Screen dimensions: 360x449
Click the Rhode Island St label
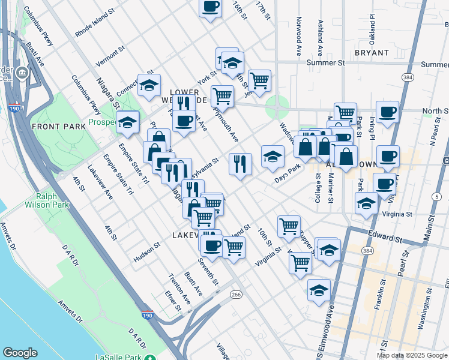[95, 23]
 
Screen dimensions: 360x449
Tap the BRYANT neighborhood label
[372, 53]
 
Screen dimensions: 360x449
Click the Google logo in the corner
[20, 353]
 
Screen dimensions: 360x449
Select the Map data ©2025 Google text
[411, 355]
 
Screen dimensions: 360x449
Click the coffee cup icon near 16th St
[210, 7]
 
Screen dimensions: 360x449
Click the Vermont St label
[110, 56]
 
